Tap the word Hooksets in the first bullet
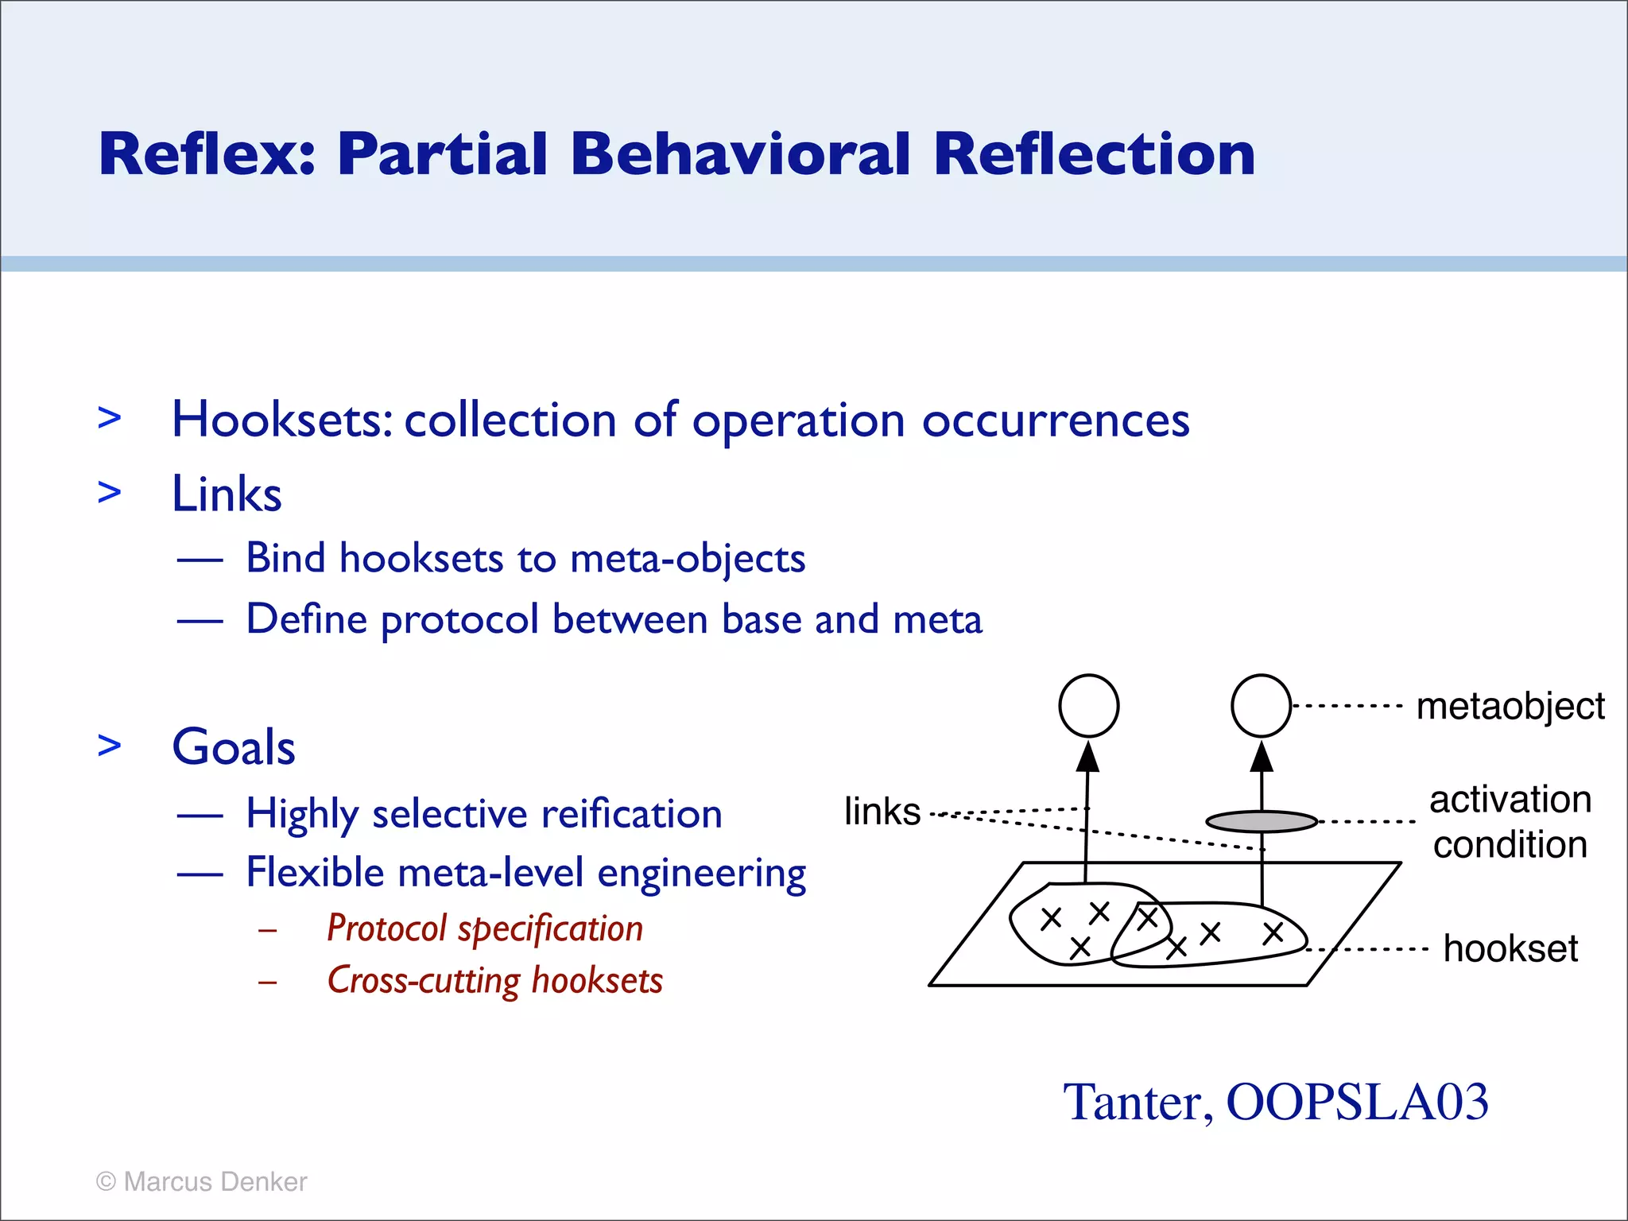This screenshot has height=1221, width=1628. [x=281, y=420]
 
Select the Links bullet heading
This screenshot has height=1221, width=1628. [x=227, y=494]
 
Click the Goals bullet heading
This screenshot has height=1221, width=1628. [x=234, y=747]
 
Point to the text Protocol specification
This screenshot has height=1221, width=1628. [x=485, y=928]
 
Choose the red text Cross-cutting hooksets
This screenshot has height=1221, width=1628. [x=494, y=980]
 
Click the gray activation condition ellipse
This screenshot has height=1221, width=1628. [x=1262, y=821]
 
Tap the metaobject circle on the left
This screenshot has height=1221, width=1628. [x=1089, y=706]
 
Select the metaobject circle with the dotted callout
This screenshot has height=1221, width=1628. [x=1261, y=706]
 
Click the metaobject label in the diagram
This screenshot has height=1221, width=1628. [x=1510, y=706]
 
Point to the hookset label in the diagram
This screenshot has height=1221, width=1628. [x=1510, y=948]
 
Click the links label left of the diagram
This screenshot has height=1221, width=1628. [x=882, y=812]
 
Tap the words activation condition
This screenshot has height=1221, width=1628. [x=1510, y=822]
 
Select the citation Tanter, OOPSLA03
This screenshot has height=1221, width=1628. [x=1275, y=1103]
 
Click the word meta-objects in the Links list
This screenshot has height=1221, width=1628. [x=688, y=558]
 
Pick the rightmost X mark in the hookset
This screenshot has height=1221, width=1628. [x=1273, y=933]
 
